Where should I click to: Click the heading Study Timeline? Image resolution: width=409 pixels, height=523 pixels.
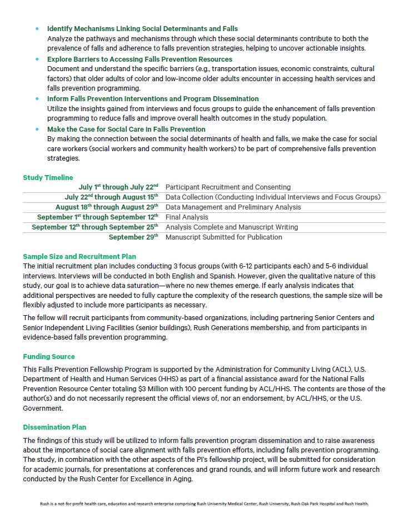coord(48,178)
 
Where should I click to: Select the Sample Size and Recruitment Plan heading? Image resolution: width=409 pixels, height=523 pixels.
coord(79,257)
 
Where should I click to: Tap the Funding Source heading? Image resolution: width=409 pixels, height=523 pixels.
coord(49,357)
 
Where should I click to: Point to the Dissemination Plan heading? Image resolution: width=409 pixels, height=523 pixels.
coord(54,427)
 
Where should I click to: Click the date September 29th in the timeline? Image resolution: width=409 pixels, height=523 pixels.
coord(133,237)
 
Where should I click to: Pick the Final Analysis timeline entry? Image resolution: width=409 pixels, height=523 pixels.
coord(187,217)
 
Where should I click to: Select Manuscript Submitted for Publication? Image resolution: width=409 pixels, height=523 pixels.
coord(223,237)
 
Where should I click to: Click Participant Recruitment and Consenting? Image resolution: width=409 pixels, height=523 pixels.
coord(228,187)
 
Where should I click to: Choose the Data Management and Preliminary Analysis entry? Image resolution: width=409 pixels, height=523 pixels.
coord(233,207)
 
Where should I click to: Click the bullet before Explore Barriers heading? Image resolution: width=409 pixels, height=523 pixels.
coord(37,59)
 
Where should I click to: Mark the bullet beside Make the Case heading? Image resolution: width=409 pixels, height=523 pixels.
coord(37,129)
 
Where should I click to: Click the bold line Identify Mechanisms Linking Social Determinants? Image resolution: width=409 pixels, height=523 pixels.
coord(142,29)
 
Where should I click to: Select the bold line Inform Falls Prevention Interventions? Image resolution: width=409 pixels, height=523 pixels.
coord(153,99)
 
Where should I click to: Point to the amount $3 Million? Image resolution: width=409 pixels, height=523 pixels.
coord(167,389)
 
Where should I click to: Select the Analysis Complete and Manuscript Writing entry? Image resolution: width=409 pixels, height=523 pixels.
coord(232,227)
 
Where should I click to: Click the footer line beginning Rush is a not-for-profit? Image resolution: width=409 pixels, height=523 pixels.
coord(204,504)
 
